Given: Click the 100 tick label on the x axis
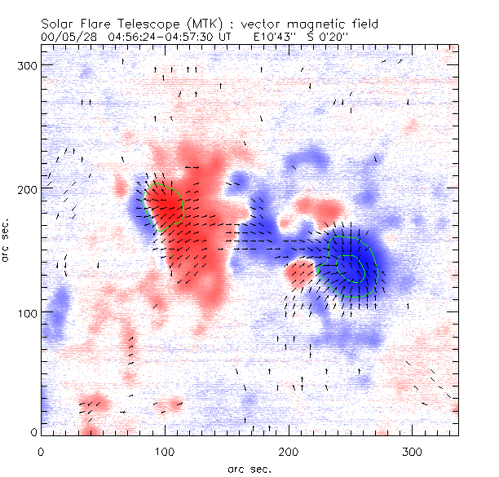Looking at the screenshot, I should point(166,451).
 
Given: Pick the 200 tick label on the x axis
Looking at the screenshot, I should point(289,451).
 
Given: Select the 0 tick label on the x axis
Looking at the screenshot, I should point(42,451).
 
